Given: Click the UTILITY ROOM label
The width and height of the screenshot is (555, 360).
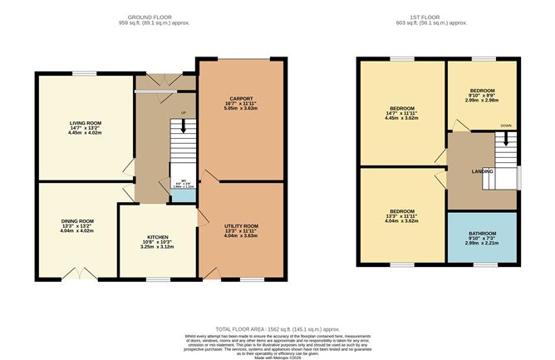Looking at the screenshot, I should coord(242,225).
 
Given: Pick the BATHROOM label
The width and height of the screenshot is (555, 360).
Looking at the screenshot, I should coord(482,233).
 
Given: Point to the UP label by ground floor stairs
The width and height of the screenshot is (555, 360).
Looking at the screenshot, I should coord(183,113).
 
